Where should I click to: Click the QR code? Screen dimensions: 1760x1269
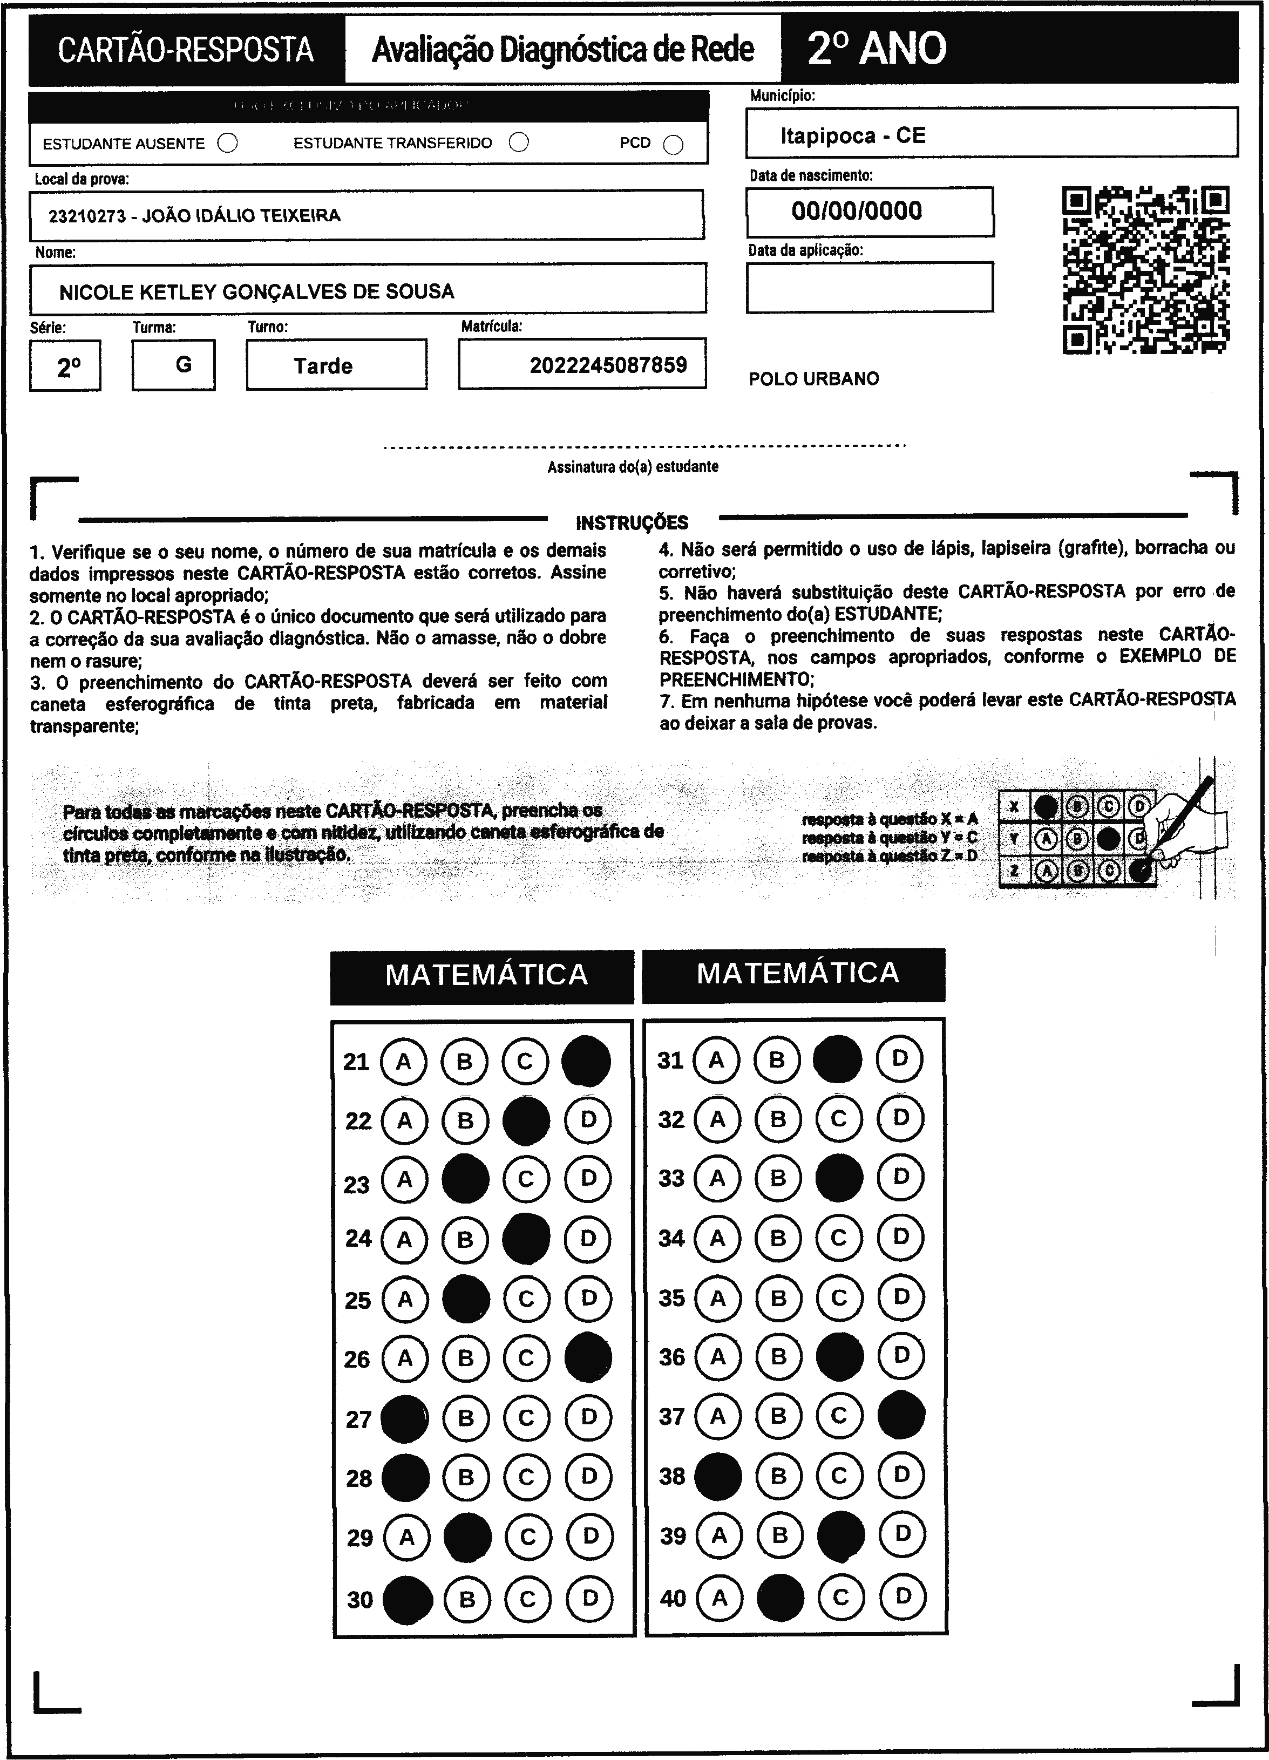1145,269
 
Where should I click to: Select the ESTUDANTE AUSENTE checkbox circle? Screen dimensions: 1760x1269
227,144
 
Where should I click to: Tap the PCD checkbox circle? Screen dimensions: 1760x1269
674,145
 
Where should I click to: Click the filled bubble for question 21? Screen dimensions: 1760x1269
586,1061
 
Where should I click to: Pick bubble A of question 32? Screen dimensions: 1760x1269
717,1118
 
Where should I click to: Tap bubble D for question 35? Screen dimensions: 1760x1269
900,1297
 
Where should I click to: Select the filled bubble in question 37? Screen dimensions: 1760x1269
901,1416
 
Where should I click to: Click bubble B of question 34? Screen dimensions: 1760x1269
778,1238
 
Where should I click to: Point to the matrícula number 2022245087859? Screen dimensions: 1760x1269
608,365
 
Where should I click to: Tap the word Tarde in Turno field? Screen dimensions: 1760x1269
323,365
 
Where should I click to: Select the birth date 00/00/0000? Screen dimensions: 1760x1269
857,211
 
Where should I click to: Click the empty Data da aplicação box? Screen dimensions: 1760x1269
869,287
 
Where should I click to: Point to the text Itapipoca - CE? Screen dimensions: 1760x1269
852,136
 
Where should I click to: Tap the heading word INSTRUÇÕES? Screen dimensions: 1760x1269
632,522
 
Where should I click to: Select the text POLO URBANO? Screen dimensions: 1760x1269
813,379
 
